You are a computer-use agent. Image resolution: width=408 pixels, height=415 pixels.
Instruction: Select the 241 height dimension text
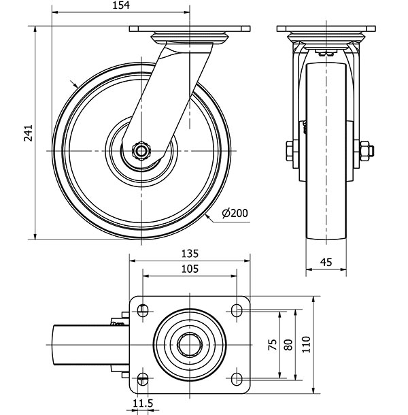click(28, 133)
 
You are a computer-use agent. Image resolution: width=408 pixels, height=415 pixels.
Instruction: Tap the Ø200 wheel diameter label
click(235, 213)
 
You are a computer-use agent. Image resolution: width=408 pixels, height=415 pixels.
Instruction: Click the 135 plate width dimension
click(190, 253)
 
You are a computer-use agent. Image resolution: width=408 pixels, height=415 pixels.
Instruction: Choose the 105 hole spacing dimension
click(190, 269)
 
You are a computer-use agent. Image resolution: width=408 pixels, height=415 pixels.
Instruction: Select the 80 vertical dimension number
click(288, 345)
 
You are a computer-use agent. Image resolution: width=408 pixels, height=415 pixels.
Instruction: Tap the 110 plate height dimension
click(305, 345)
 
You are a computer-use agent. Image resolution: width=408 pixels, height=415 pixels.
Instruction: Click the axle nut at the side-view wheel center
click(142, 150)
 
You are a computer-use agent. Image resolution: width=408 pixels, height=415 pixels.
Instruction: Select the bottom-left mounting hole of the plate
click(143, 378)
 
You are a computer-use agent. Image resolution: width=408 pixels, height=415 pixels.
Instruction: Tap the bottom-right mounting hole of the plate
click(237, 378)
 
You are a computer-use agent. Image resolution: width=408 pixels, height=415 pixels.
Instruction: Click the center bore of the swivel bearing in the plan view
click(190, 345)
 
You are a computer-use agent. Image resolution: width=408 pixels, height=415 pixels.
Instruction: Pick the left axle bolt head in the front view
click(290, 150)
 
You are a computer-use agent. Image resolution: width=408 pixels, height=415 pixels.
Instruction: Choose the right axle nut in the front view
click(364, 150)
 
